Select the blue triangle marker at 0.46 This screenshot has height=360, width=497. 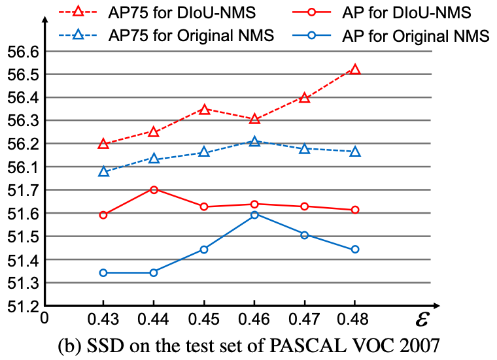click(254, 141)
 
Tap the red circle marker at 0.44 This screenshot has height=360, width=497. click(154, 189)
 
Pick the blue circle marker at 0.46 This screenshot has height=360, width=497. click(254, 214)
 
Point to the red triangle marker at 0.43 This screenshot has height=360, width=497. click(103, 143)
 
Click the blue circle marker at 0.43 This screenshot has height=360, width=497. click(103, 272)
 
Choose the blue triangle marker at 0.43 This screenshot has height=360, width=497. click(103, 171)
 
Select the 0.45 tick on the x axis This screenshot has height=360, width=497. click(204, 319)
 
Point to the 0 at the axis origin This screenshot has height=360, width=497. click(44, 318)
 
